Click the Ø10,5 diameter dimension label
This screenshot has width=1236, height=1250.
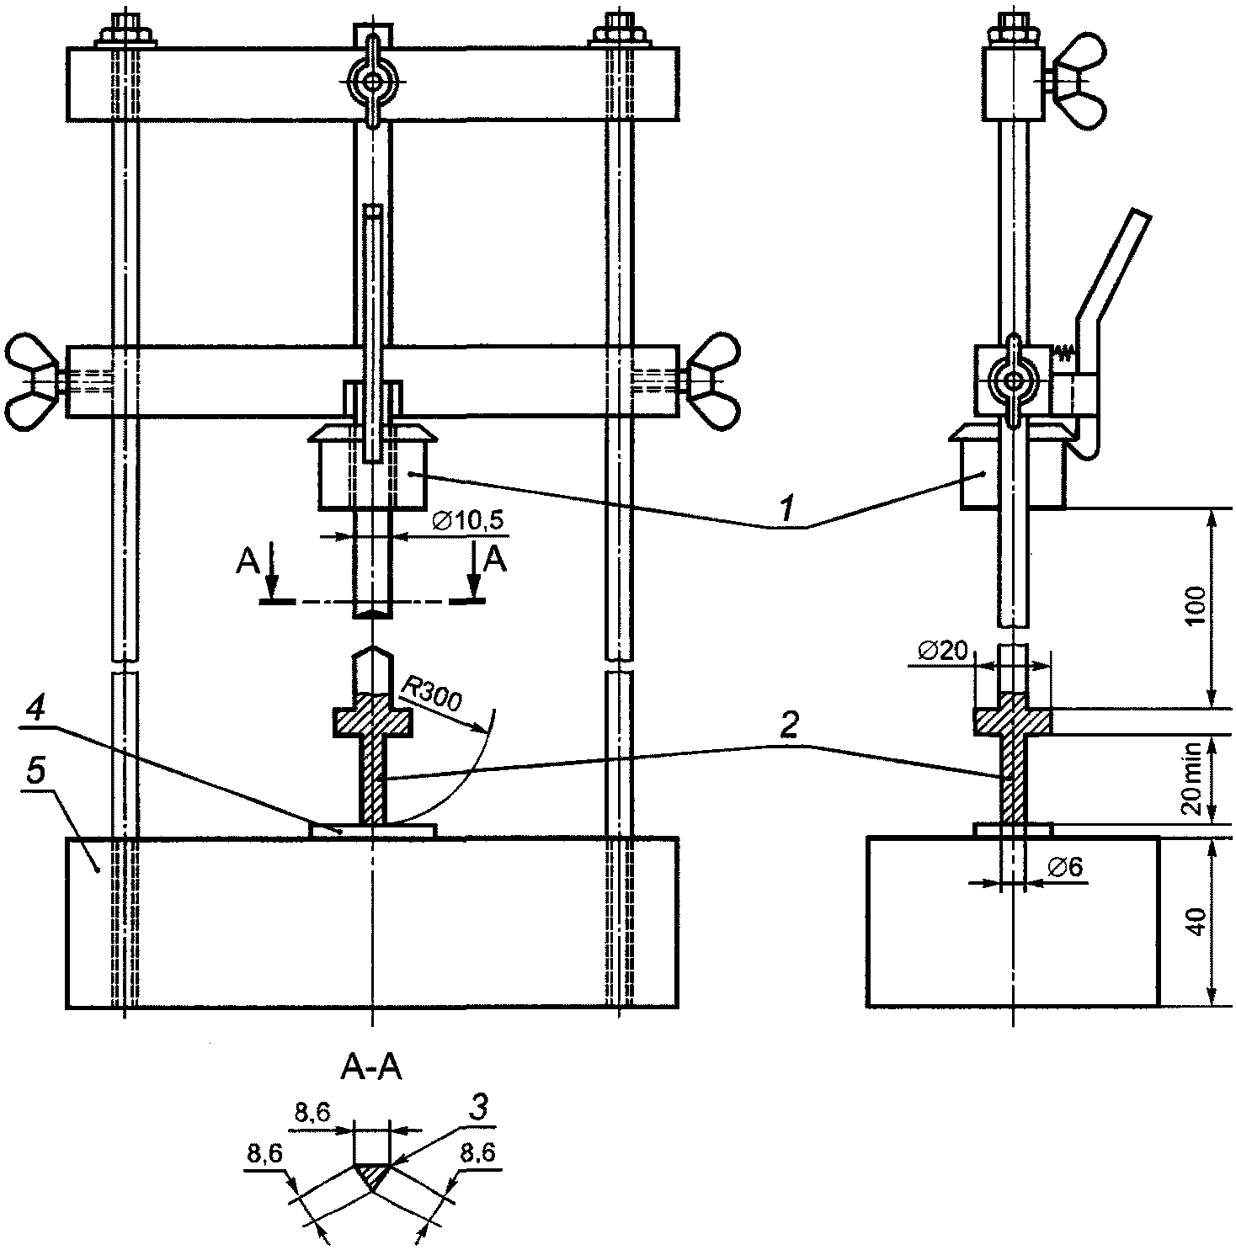[468, 522]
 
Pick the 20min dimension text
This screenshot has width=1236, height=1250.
[1194, 779]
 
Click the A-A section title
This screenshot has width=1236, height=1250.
[371, 1068]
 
